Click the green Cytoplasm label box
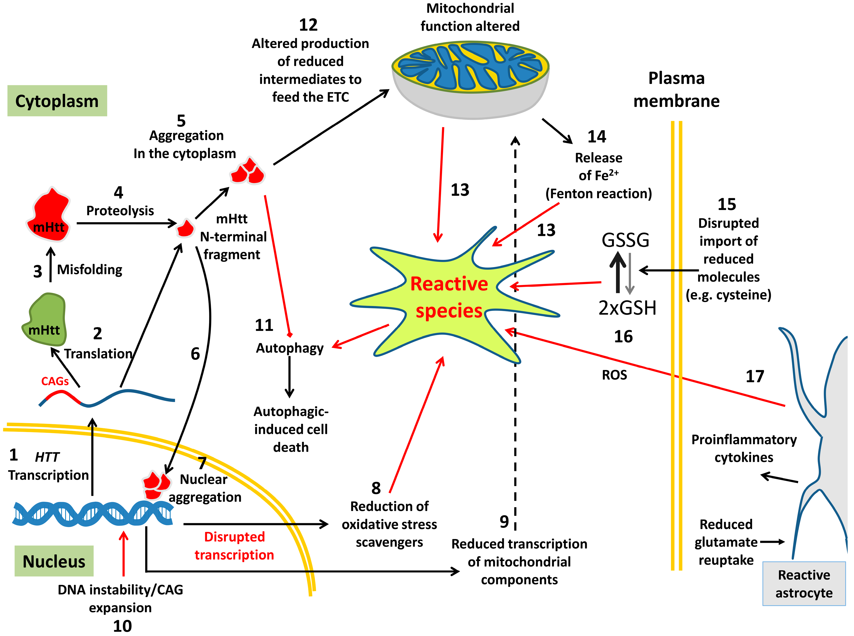tap(57, 101)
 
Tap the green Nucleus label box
tap(54, 561)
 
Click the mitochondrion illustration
tap(470, 79)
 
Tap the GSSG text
tap(625, 240)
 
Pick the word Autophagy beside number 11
tap(289, 348)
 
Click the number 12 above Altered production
tap(308, 25)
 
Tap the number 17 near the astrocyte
tap(755, 376)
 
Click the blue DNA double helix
tap(93, 514)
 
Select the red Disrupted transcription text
tap(234, 546)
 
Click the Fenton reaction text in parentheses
tap(598, 193)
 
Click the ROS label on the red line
tap(614, 375)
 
